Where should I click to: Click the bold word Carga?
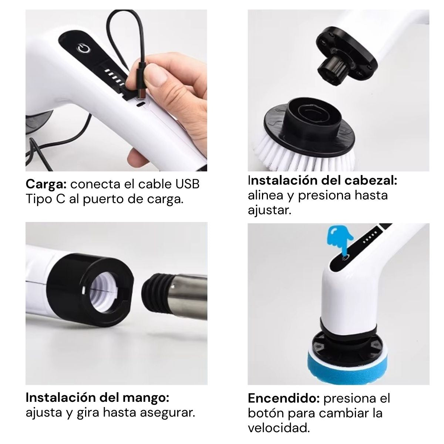tap(46, 185)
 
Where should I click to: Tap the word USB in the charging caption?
tap(187, 184)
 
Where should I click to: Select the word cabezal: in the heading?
tap(371, 181)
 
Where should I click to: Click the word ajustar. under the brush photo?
tap(270, 211)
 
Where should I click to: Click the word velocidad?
tap(279, 428)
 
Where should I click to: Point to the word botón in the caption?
tap(266, 413)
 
